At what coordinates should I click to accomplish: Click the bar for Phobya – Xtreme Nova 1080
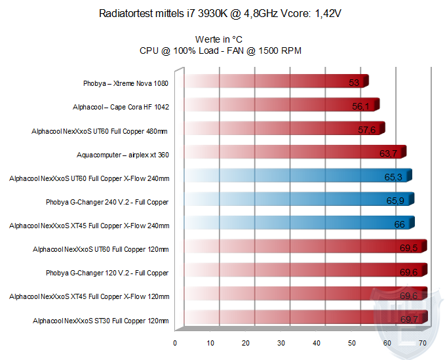coord(275,82)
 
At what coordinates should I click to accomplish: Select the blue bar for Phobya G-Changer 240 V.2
coord(298,201)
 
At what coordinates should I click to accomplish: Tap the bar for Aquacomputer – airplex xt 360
coord(294,153)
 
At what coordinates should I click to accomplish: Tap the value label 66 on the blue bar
coord(399,224)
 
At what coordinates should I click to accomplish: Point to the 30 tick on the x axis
coord(281,342)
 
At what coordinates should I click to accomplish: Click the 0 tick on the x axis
coord(175,342)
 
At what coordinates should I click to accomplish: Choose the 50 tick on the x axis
coord(352,342)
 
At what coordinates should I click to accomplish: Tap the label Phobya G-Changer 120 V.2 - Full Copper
coord(107,273)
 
